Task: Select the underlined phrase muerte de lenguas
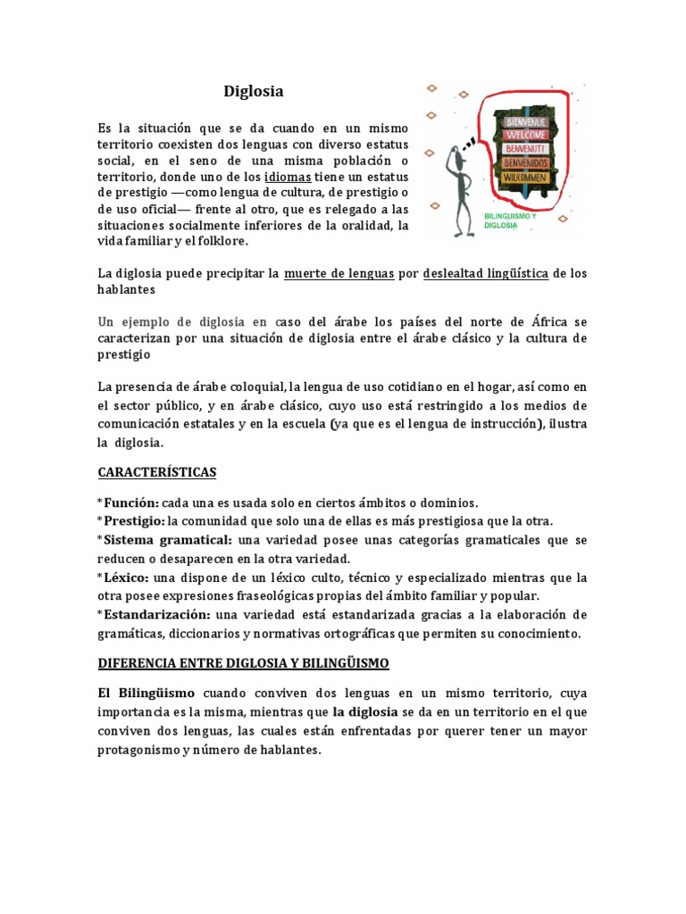[x=339, y=273]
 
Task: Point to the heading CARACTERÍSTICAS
[x=157, y=471]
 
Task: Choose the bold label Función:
[x=130, y=503]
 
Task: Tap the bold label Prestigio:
[x=133, y=520]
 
